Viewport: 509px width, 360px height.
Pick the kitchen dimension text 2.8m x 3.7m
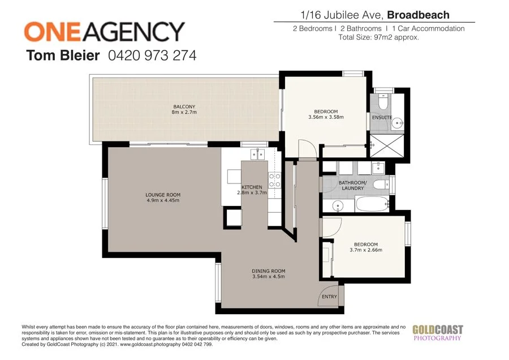coord(252,193)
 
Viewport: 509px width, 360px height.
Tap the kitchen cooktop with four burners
coord(274,180)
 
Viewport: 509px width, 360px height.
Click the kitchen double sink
coord(258,153)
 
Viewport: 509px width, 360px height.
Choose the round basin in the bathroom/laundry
coord(338,204)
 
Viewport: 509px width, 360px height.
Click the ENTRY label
coord(329,297)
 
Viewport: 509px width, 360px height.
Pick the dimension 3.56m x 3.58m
coord(326,117)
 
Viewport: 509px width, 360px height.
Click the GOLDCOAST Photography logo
coord(437,332)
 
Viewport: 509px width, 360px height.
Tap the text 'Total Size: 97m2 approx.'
coord(378,37)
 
